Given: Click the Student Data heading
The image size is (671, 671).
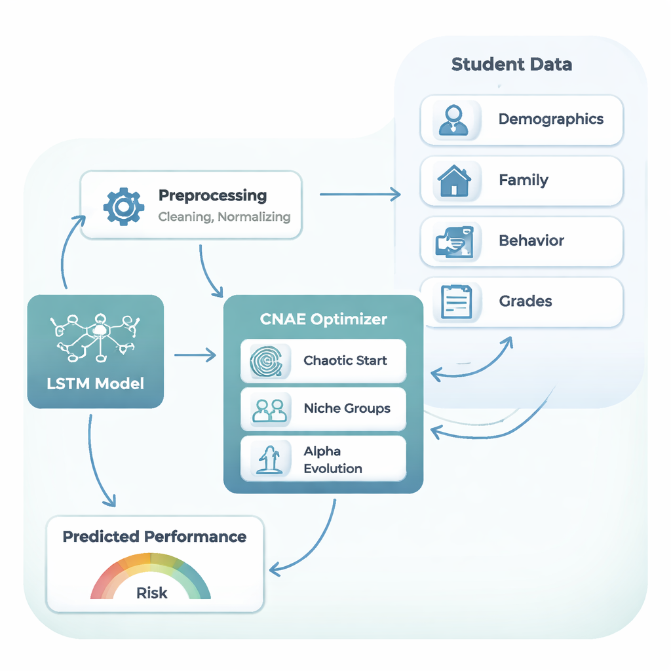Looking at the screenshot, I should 511,64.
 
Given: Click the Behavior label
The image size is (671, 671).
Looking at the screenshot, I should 531,240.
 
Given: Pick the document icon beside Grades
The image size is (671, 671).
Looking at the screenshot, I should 455,301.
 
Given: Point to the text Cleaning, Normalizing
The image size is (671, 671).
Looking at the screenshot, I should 224,216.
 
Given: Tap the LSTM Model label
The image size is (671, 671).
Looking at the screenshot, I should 96,383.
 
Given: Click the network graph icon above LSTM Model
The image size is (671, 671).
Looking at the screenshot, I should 96,336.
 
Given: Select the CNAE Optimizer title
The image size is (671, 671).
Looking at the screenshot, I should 324,319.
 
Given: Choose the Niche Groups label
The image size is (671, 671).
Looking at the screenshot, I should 347,408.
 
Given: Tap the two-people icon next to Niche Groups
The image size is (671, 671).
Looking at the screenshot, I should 269,410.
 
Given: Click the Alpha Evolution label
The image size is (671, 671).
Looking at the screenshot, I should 332,459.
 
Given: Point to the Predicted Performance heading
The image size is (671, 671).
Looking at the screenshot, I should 155,537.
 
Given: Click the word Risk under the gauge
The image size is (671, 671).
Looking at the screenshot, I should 151,593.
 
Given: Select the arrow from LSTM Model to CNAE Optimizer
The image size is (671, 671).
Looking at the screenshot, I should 195,356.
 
